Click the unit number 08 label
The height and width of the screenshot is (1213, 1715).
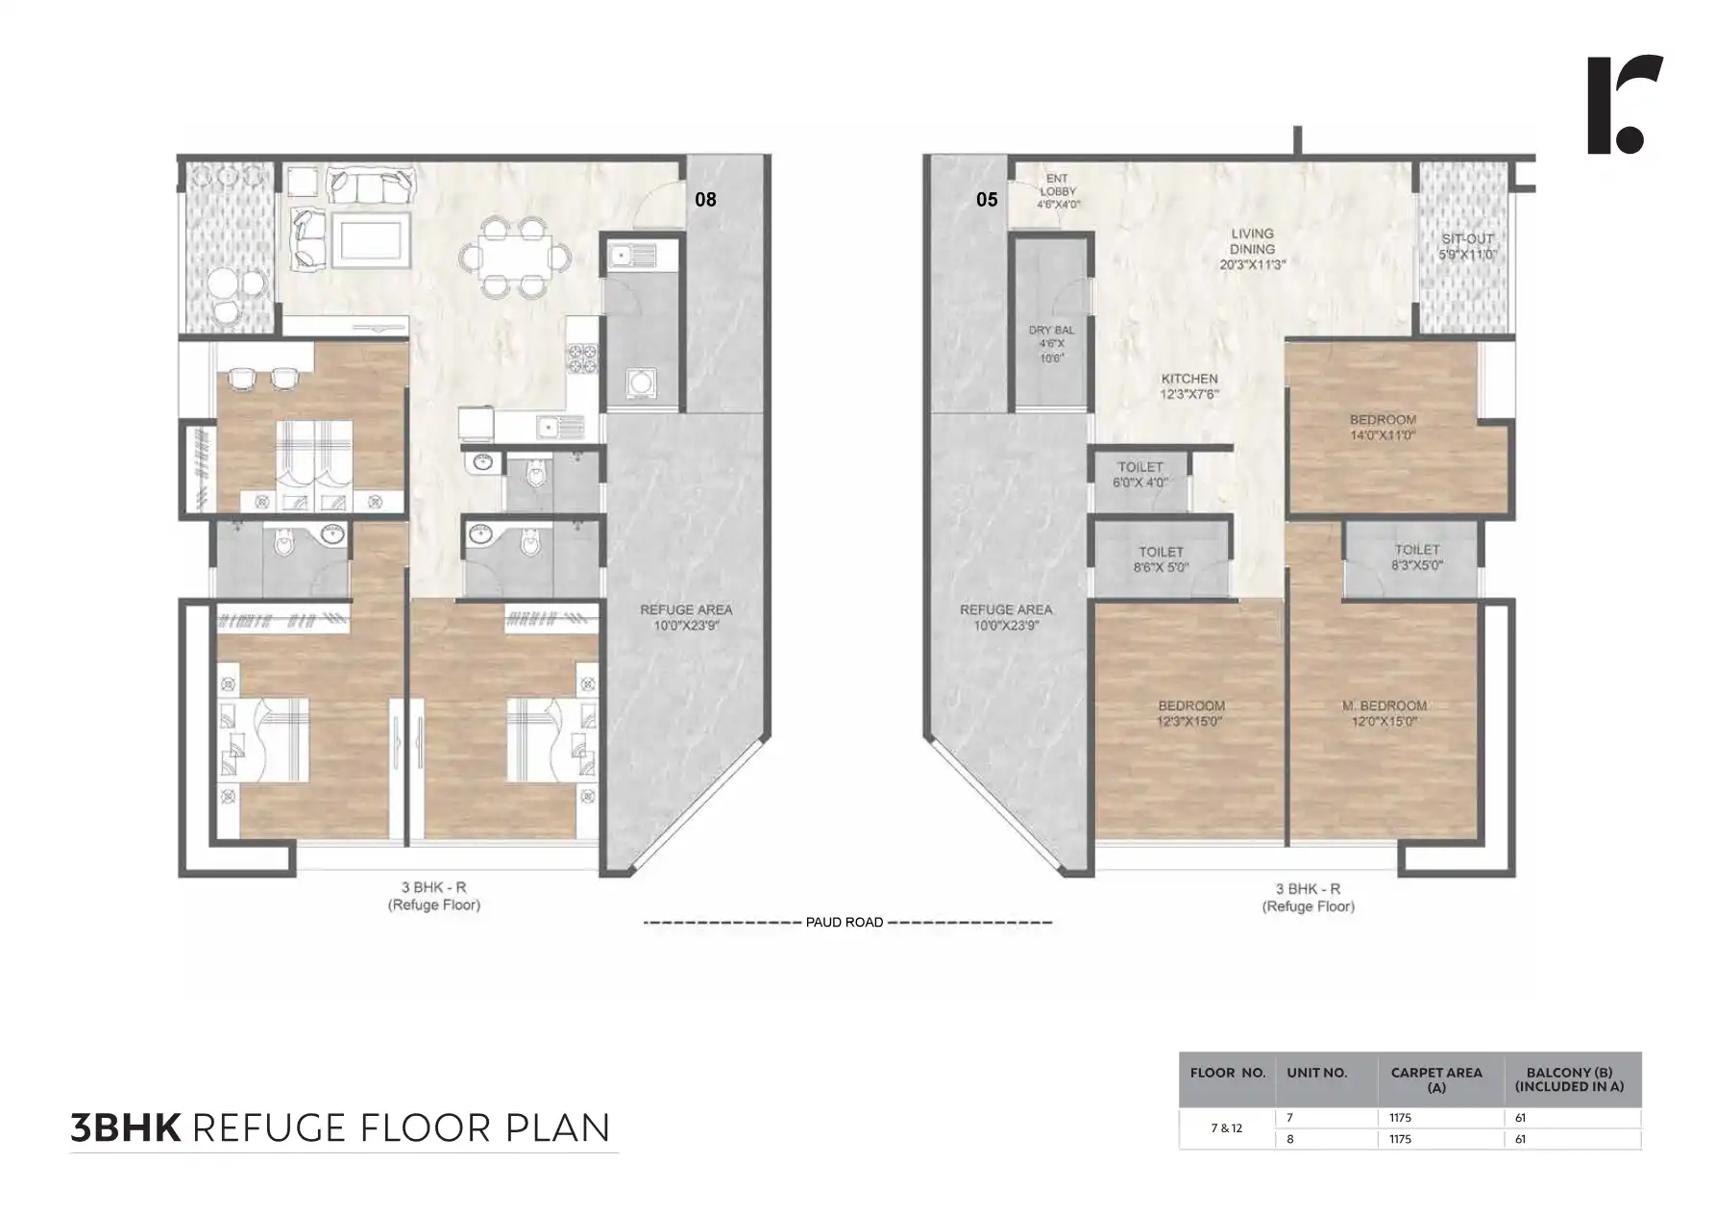[x=705, y=200]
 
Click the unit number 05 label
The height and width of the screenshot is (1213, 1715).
[x=987, y=200]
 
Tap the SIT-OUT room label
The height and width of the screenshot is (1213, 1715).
[x=1467, y=247]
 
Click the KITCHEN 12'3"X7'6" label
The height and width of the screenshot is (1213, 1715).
[x=1189, y=386]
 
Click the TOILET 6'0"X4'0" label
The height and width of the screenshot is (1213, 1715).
[x=1139, y=475]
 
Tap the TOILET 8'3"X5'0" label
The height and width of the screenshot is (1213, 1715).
[x=1416, y=557]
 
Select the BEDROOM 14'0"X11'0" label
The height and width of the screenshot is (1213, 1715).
[x=1383, y=427]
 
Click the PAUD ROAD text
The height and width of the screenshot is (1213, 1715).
[x=845, y=923]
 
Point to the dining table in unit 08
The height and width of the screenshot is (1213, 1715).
[x=514, y=257]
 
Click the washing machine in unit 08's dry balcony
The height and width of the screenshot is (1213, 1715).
[x=640, y=384]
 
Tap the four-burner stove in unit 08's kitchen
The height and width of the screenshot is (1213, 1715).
[x=583, y=359]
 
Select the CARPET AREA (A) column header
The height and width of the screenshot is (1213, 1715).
[x=1435, y=1079]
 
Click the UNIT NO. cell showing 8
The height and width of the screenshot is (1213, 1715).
[x=1290, y=1139]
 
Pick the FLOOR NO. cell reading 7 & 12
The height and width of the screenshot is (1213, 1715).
[x=1226, y=1128]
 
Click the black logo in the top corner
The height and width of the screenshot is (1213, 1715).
[x=1623, y=105]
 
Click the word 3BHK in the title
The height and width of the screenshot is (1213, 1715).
[x=126, y=1127]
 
